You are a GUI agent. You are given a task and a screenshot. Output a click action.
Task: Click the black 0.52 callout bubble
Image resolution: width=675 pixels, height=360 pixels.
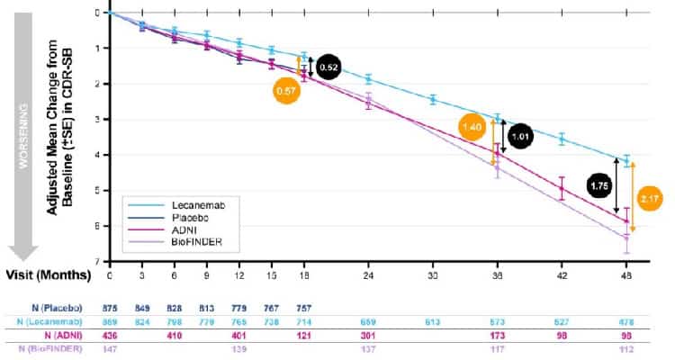tap(329, 67)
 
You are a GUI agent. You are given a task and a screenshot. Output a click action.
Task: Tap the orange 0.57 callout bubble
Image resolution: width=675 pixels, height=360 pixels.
tap(286, 90)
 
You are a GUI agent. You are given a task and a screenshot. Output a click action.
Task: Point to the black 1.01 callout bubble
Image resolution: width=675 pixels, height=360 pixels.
tap(520, 138)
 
